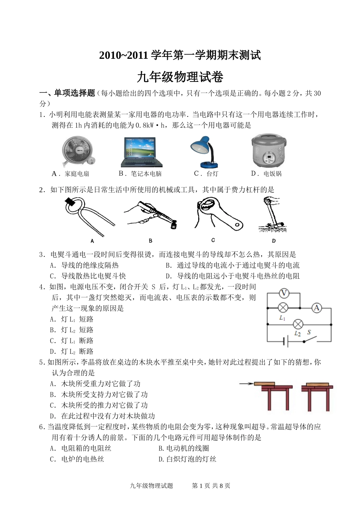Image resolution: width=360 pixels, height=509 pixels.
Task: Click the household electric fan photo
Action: tap(78, 151)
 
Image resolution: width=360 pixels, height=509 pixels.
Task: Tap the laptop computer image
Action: tap(141, 152)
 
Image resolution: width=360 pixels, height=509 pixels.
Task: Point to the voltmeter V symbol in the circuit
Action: tap(284, 293)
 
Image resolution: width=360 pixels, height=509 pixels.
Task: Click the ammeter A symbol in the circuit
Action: tap(316, 308)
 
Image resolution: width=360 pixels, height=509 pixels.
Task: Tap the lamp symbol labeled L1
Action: tap(283, 308)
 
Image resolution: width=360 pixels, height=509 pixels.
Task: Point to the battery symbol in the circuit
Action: tap(285, 341)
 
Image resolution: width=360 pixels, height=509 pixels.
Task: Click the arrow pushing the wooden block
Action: tap(246, 384)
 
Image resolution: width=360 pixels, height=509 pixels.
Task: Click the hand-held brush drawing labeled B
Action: tap(152, 214)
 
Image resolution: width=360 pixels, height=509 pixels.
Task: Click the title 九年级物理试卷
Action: tap(180, 77)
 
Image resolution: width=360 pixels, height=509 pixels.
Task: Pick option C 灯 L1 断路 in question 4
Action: tap(72, 341)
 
